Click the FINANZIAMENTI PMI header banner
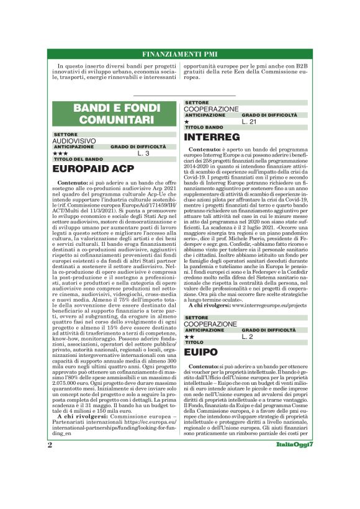coord(179,53)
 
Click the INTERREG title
coord(212,137)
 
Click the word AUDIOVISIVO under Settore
coord(74,141)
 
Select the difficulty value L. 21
coord(250,122)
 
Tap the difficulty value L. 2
coord(248,336)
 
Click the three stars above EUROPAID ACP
coord(60,153)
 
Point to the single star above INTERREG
coord(187,122)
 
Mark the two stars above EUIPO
coord(189,336)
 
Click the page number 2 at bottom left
coord(49,480)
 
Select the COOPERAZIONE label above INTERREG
coord(211,109)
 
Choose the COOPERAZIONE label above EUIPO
coord(211,323)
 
